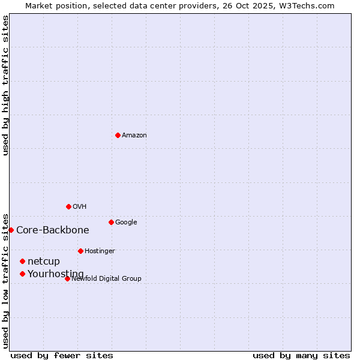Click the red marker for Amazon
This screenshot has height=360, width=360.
(x=118, y=135)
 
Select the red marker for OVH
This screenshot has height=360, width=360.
(x=68, y=206)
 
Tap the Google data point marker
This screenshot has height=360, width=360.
(x=111, y=222)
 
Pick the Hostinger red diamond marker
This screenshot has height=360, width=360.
(x=80, y=251)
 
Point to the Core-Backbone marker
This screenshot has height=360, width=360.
(x=11, y=230)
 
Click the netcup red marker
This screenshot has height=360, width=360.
(x=22, y=261)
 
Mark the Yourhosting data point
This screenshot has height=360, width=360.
(x=22, y=274)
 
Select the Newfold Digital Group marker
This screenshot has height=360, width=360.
(x=67, y=278)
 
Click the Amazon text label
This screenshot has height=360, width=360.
(x=134, y=136)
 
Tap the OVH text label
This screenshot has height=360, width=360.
(x=80, y=207)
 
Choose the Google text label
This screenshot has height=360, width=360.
(x=126, y=223)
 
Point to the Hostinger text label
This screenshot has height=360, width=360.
(x=100, y=251)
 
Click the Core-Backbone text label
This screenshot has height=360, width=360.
(x=53, y=230)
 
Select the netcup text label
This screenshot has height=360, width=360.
(x=44, y=262)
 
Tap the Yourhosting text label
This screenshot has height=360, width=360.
(x=56, y=274)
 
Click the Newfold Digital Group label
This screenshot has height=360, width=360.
(x=107, y=279)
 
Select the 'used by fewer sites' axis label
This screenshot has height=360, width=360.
(x=62, y=355)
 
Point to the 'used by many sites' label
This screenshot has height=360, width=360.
(x=301, y=355)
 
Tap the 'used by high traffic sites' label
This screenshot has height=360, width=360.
(x=6, y=85)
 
